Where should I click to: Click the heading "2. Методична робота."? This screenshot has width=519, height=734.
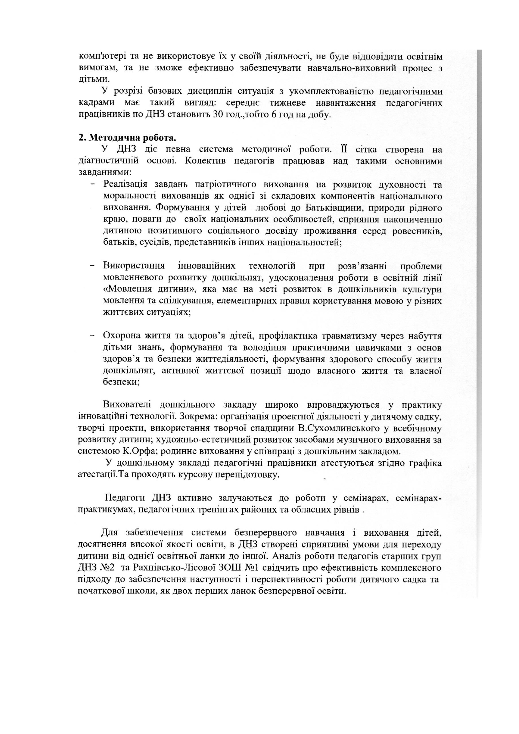[127, 137]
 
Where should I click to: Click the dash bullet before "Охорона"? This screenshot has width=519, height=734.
[93, 336]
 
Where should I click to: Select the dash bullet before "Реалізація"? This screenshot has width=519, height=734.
[93, 185]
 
